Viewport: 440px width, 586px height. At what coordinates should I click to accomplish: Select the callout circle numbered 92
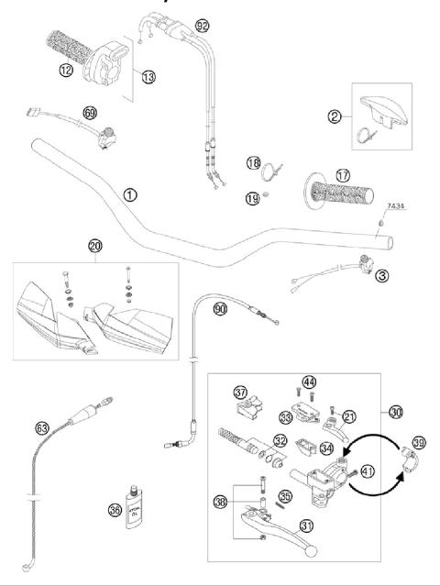(x=203, y=26)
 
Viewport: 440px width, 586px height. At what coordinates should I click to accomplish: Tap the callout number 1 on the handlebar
(x=130, y=194)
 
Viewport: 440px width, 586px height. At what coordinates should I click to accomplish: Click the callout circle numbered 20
(x=95, y=246)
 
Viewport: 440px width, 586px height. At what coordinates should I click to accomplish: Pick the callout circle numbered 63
(x=42, y=427)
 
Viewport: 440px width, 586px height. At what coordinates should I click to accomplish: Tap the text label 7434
(x=399, y=208)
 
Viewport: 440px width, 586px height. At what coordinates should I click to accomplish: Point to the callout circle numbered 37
(x=240, y=392)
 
